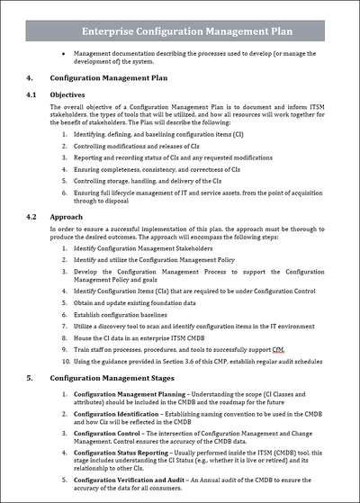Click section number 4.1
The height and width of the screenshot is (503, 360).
[x=31, y=94]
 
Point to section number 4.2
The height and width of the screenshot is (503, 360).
[x=31, y=217]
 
